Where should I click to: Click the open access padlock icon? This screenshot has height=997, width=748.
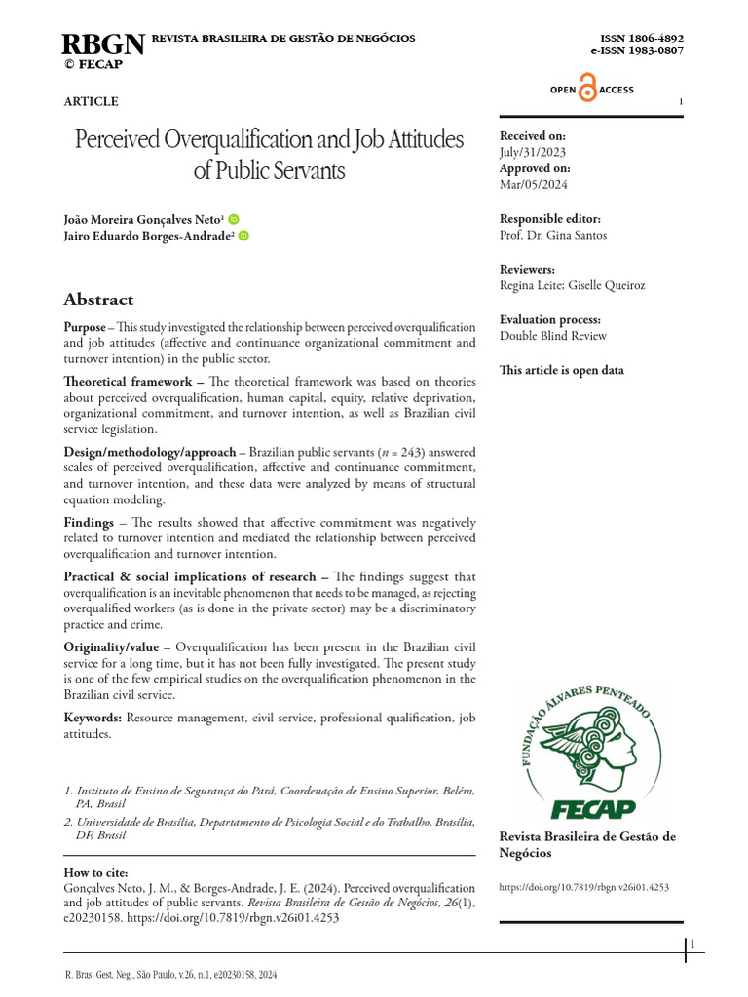coord(587,89)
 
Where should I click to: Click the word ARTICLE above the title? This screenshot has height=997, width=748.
coord(91,101)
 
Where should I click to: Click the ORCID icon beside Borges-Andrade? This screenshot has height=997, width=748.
coord(243,236)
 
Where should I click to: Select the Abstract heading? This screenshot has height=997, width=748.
coord(98,299)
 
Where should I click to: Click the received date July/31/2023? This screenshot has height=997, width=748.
coord(532,152)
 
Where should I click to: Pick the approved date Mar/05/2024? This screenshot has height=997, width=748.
coord(533,184)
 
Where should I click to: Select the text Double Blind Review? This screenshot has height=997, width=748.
coord(552,336)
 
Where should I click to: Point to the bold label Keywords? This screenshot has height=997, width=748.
coord(93,717)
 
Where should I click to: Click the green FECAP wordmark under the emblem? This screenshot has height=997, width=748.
coord(593,808)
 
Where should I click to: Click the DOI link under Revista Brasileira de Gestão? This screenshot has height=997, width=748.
coord(583,887)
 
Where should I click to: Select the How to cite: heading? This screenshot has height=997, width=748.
coord(95,872)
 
